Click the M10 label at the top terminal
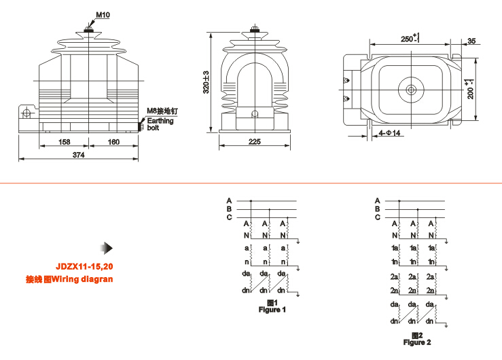[x=103, y=14]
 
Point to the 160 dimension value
[x=113, y=142]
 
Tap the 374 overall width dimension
[x=78, y=156]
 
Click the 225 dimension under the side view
[x=255, y=142]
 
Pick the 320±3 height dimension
[x=207, y=82]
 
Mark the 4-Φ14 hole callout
[x=391, y=133]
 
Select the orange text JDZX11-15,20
[x=84, y=267]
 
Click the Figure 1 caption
[x=272, y=309]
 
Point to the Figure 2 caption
[x=417, y=342]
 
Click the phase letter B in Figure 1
[x=230, y=209]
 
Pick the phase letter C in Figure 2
[x=377, y=217]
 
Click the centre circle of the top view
[x=411, y=89]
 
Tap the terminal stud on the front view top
[x=88, y=26]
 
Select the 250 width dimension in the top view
[x=408, y=38]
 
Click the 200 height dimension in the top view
[x=469, y=89]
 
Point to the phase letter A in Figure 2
[x=377, y=200]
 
